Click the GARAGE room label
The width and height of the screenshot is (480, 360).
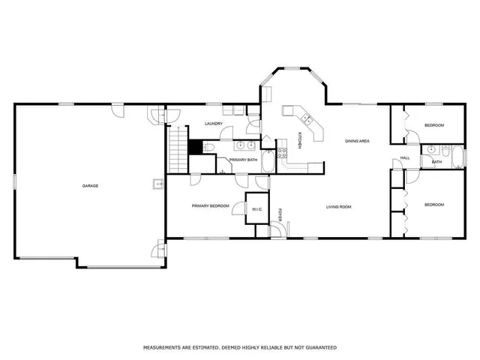tap(91, 185)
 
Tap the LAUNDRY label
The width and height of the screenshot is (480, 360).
tap(214, 124)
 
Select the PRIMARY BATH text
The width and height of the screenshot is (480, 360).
tap(243, 160)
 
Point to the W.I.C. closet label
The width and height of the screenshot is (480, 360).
tap(256, 209)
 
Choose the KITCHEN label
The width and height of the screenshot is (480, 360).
tap(299, 140)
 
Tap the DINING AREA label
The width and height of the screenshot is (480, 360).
tap(357, 141)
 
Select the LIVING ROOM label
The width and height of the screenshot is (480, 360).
tap(338, 206)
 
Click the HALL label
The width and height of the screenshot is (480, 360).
tap(404, 157)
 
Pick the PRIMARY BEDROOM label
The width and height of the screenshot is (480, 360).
tap(210, 205)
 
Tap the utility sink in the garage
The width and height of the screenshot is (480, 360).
tap(159, 184)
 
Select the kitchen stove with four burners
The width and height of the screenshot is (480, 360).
tap(283, 153)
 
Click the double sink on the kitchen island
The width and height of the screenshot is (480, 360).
tap(306, 118)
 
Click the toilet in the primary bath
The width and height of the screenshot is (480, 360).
tap(209, 147)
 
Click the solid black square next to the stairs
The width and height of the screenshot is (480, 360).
tap(195, 147)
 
